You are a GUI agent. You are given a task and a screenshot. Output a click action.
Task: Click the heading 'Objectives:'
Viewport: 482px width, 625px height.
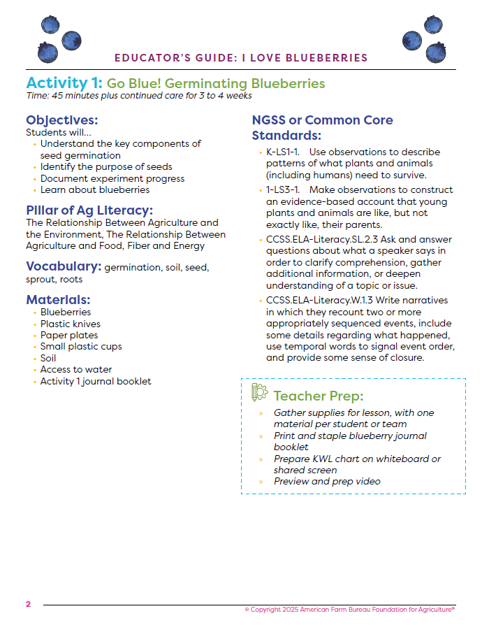61,120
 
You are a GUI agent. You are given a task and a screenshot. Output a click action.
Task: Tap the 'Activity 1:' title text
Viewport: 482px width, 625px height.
64,83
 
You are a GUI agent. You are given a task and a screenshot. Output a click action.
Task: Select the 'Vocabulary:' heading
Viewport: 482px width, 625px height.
64,266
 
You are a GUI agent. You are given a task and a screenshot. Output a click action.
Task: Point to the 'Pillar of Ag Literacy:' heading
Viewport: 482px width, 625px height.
89,210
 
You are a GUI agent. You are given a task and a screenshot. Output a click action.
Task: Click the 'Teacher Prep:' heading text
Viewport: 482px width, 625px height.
318,396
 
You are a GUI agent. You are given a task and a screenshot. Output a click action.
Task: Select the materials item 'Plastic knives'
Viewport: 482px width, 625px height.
70,324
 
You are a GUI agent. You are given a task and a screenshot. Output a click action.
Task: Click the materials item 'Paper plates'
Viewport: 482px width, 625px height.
68,336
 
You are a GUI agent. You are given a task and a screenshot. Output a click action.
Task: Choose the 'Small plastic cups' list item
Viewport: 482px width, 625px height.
81,347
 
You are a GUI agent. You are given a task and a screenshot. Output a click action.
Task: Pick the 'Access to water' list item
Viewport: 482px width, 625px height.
76,370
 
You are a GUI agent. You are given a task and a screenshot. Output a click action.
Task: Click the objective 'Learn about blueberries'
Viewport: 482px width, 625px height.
95,189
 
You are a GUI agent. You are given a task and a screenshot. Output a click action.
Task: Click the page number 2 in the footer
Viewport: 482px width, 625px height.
29,604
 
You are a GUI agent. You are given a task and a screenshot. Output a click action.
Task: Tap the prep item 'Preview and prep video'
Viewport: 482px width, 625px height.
327,481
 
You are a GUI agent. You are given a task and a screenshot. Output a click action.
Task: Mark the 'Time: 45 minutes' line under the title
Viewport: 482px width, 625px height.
138,96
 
